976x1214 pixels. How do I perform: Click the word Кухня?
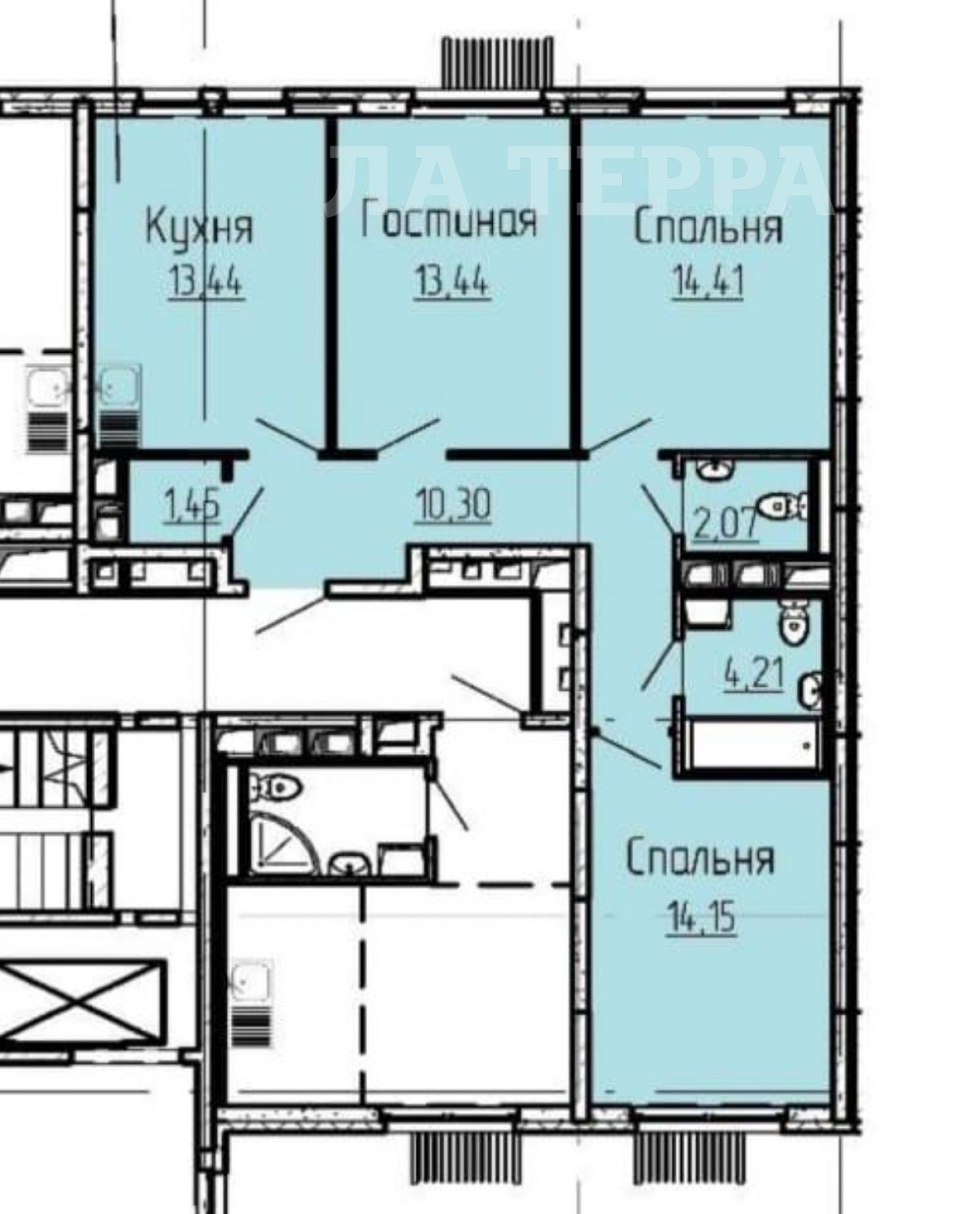coord(199,228)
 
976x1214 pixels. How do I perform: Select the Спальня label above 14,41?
coord(708,227)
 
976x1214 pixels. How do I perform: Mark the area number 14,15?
coord(701,917)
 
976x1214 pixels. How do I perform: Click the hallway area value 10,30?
coord(453,504)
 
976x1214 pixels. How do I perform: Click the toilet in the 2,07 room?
coord(782,506)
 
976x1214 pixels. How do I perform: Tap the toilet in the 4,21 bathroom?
coord(793,621)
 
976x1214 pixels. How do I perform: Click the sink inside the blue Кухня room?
coord(120,386)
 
